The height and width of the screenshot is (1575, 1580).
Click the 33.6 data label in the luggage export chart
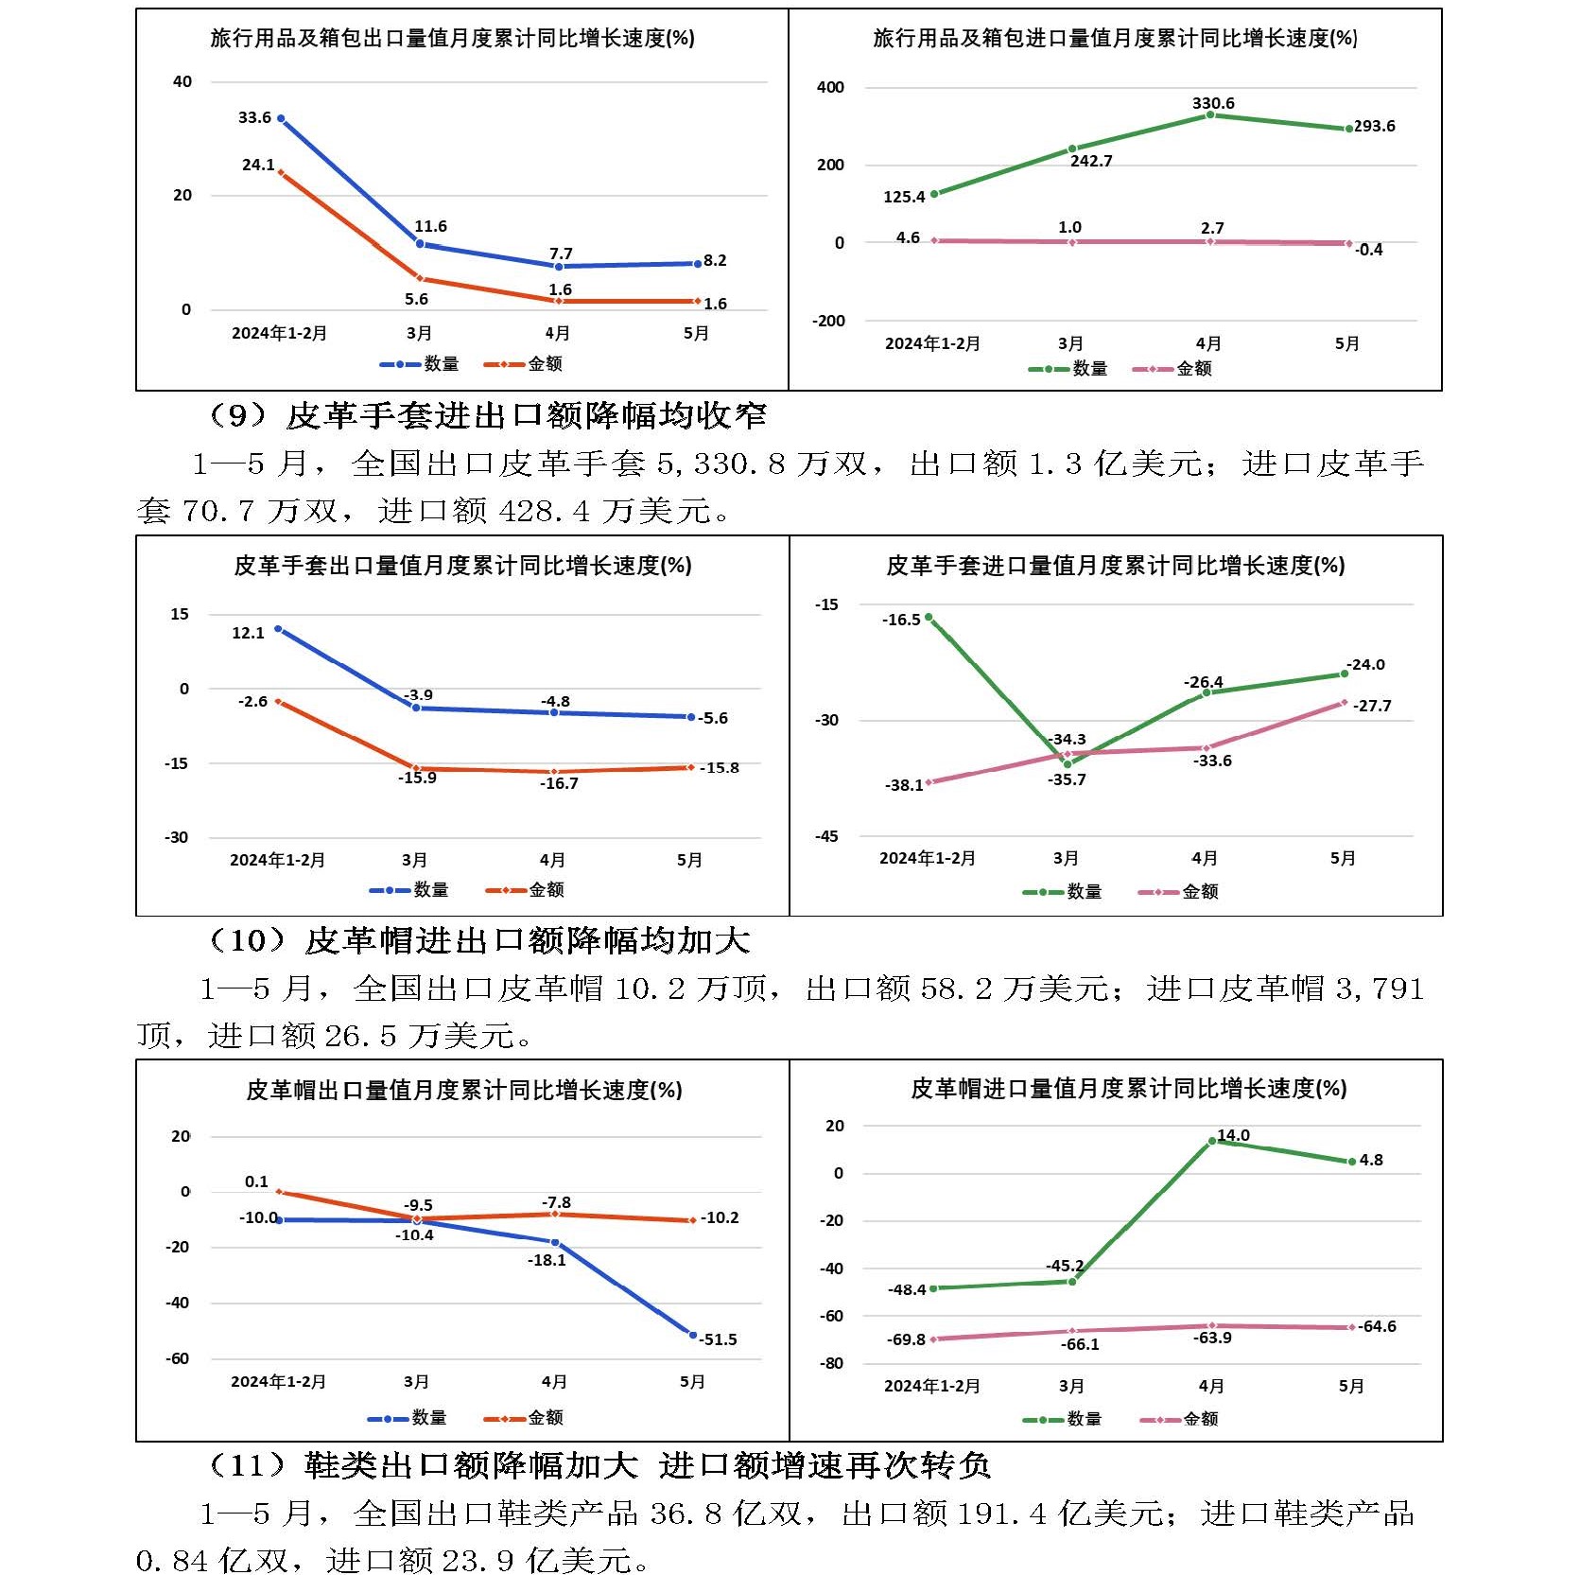254,118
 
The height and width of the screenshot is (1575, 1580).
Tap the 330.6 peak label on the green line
1213,103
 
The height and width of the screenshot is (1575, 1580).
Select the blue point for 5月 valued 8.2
697,263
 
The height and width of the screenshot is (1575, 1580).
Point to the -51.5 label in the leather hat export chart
719,1339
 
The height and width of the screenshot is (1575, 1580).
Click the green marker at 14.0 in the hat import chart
1212,1141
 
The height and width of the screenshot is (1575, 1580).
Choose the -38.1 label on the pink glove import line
904,785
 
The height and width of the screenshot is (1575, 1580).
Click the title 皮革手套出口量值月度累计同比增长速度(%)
463,566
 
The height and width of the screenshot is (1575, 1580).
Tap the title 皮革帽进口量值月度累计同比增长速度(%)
1128,1089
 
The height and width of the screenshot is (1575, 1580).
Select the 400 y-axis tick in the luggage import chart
830,88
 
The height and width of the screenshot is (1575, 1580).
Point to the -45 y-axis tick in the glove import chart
826,836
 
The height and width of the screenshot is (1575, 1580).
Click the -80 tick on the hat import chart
831,1363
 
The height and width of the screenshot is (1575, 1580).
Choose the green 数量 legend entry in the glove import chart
1063,892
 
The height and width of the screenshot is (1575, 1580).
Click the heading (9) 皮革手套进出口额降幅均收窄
487,415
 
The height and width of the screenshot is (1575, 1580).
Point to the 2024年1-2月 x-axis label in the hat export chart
278,1382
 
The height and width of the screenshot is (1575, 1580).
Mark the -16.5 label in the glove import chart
901,621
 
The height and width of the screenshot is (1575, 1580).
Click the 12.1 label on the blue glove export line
248,633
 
